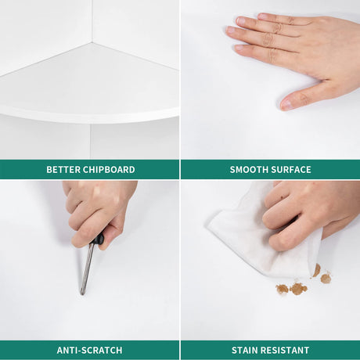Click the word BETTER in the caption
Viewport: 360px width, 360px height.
coord(63,170)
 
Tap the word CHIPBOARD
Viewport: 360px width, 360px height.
coord(109,170)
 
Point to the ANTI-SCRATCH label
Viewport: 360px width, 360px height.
coord(89,350)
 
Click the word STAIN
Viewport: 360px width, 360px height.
coord(245,350)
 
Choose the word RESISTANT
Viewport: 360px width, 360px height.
coord(285,350)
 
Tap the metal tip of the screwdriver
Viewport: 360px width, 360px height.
coord(82,293)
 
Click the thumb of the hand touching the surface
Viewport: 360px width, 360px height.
coord(300,96)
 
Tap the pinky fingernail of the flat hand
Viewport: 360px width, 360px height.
coord(239,48)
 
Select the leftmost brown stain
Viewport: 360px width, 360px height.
coord(282,289)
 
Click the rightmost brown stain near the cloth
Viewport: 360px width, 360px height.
coord(326,278)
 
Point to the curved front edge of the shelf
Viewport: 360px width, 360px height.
coord(89,118)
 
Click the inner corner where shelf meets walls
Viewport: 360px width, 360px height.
coord(92,41)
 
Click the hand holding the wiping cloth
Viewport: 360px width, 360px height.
coord(308,214)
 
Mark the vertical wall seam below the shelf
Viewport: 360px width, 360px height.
coord(90,142)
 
